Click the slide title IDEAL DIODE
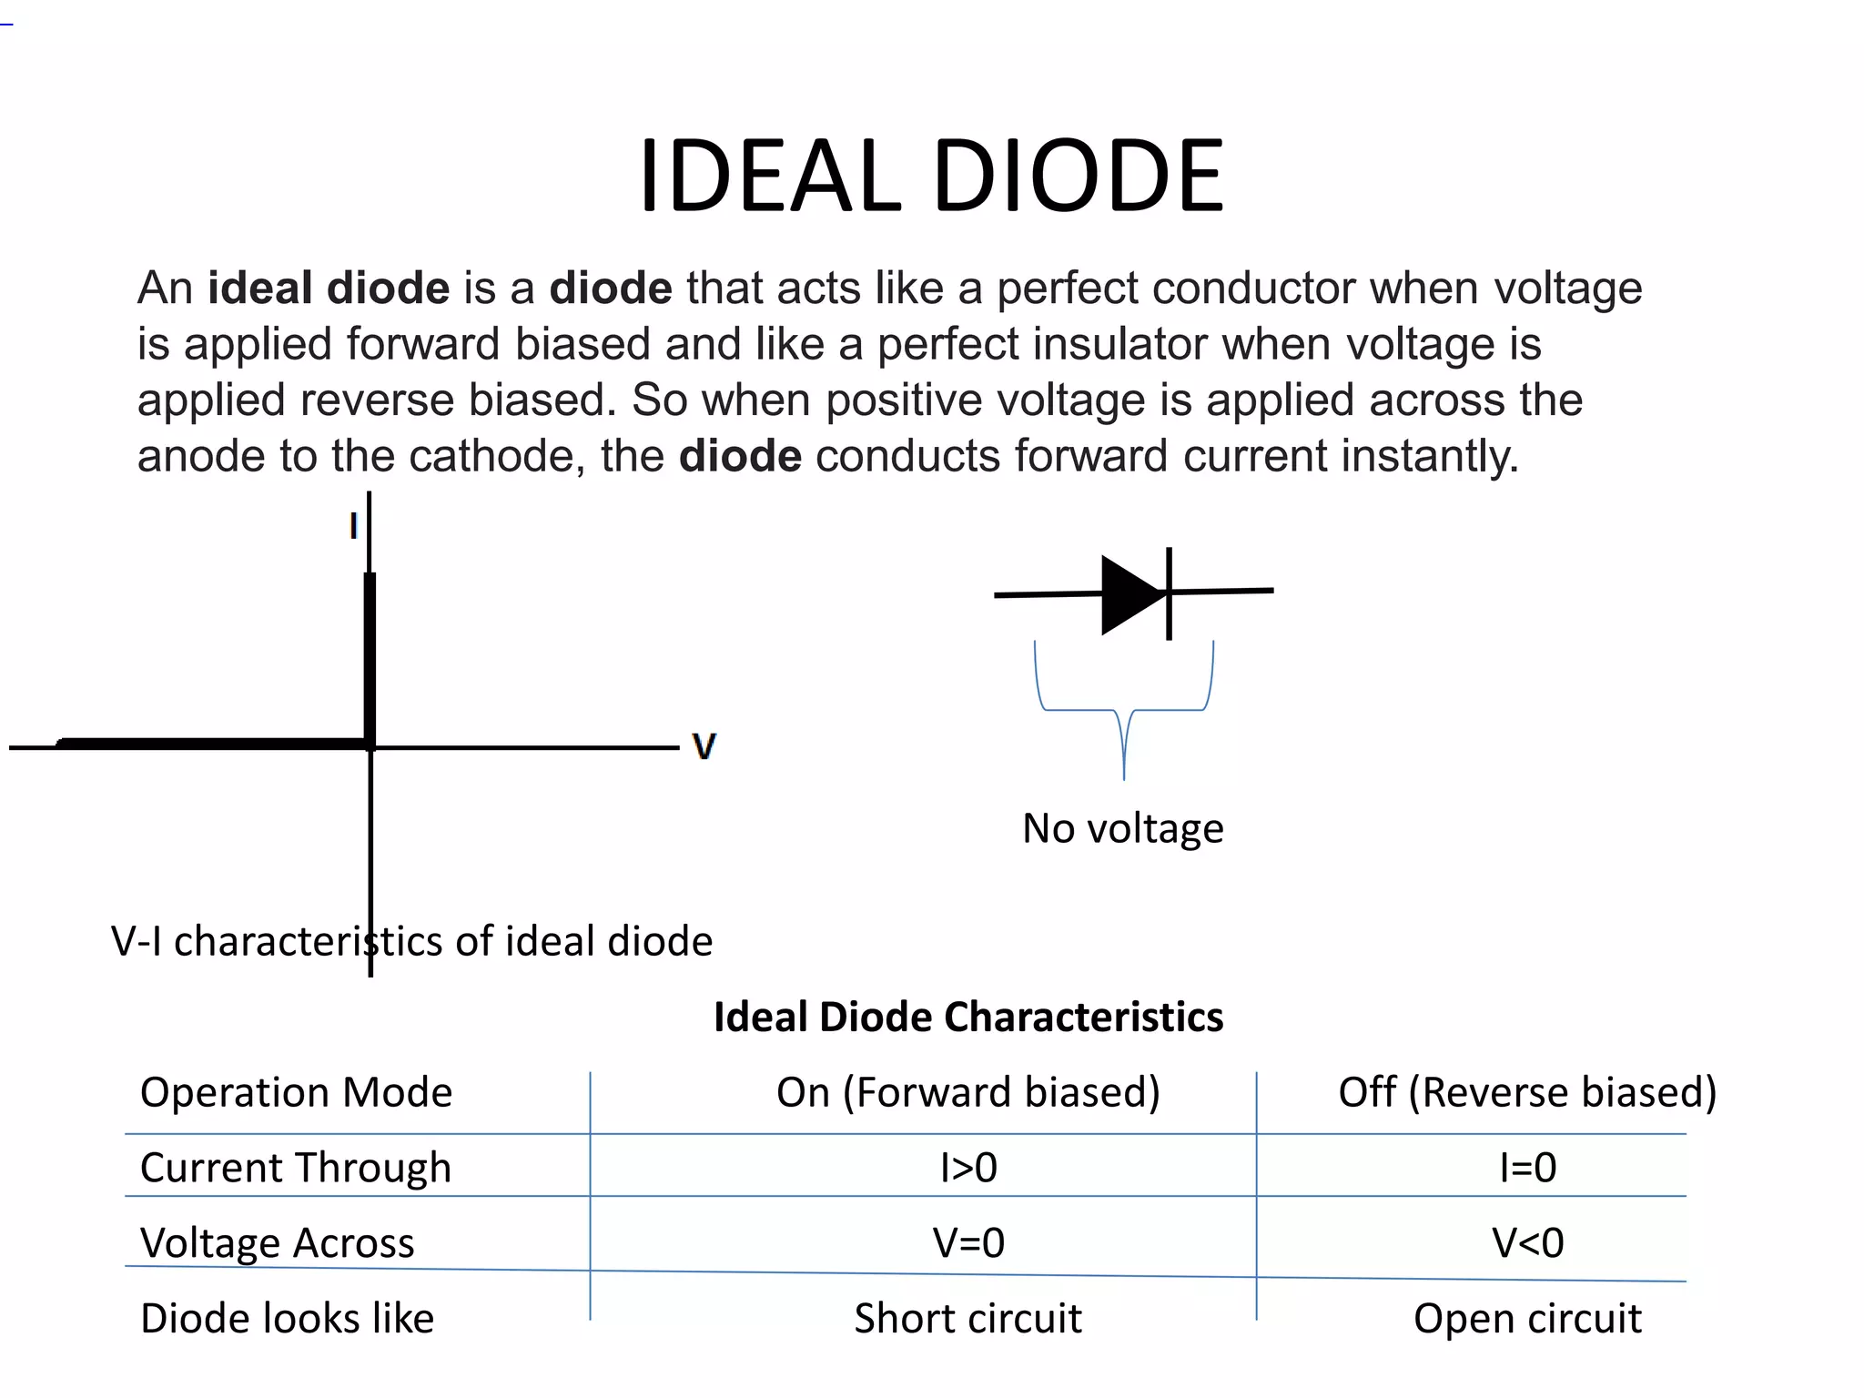click(931, 177)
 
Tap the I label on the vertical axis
click(353, 526)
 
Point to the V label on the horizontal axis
click(704, 746)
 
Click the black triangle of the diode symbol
click(1130, 594)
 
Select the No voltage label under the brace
click(1122, 828)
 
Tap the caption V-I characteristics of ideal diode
click(411, 941)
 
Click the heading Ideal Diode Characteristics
click(967, 1017)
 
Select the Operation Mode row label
click(296, 1092)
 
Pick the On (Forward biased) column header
click(967, 1092)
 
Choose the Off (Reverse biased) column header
click(1526, 1092)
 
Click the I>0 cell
click(968, 1168)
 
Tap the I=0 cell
click(1527, 1168)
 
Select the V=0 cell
click(968, 1243)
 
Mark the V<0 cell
click(1527, 1243)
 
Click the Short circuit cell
click(967, 1319)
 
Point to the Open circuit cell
click(1526, 1319)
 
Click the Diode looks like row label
click(287, 1319)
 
